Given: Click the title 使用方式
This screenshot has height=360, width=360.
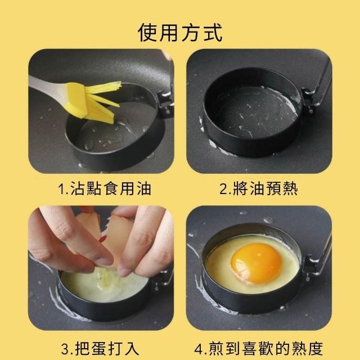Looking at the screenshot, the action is click(x=180, y=33).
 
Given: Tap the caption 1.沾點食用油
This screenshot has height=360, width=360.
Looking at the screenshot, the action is click(x=105, y=189).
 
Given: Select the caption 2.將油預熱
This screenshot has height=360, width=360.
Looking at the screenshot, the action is click(x=259, y=189).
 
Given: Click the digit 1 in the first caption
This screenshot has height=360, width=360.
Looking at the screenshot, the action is click(x=61, y=189).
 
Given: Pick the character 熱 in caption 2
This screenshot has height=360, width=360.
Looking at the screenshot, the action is click(x=290, y=189).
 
